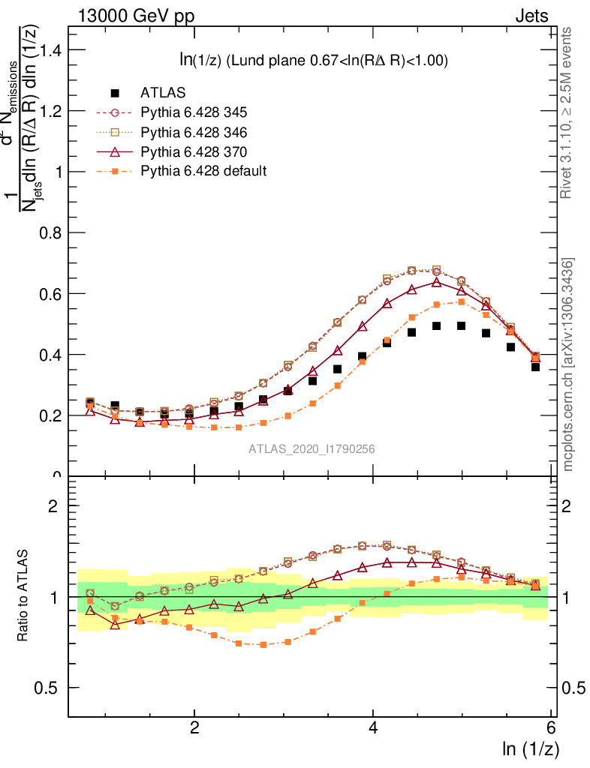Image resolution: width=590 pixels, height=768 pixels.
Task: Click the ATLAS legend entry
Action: coord(163,93)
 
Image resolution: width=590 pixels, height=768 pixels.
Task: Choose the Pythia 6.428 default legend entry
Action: coord(203,171)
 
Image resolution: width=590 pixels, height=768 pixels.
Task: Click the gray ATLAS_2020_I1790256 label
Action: coord(312,449)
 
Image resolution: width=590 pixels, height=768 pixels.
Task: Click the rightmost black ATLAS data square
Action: coord(535,367)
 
